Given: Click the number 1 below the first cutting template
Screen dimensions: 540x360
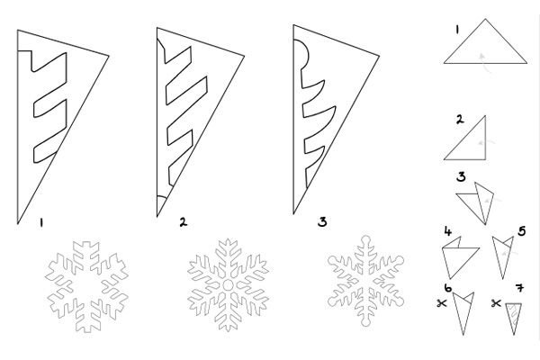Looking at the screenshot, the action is click(x=41, y=223).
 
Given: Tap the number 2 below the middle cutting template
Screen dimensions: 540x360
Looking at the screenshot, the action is click(x=184, y=222).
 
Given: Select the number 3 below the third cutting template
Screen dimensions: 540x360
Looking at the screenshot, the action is click(x=322, y=221).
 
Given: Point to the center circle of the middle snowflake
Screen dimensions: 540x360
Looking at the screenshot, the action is click(x=228, y=285).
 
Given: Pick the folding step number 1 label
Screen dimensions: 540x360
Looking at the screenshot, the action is click(x=457, y=31).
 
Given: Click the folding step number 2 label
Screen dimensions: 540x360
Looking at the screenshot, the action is click(x=460, y=120).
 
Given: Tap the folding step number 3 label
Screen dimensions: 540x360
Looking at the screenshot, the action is click(x=461, y=176).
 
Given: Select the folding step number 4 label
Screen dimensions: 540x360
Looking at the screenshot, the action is click(x=447, y=231).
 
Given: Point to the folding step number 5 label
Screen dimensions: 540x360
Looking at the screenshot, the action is click(x=522, y=231).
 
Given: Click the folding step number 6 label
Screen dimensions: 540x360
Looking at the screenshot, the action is click(x=448, y=288).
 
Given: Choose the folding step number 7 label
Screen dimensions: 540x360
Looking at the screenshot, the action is click(x=520, y=288).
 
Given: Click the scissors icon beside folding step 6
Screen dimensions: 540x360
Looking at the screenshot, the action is click(x=441, y=303).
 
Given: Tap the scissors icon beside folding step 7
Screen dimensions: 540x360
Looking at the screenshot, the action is click(x=496, y=303).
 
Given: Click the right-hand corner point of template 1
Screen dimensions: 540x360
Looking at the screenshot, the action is click(x=109, y=56).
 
